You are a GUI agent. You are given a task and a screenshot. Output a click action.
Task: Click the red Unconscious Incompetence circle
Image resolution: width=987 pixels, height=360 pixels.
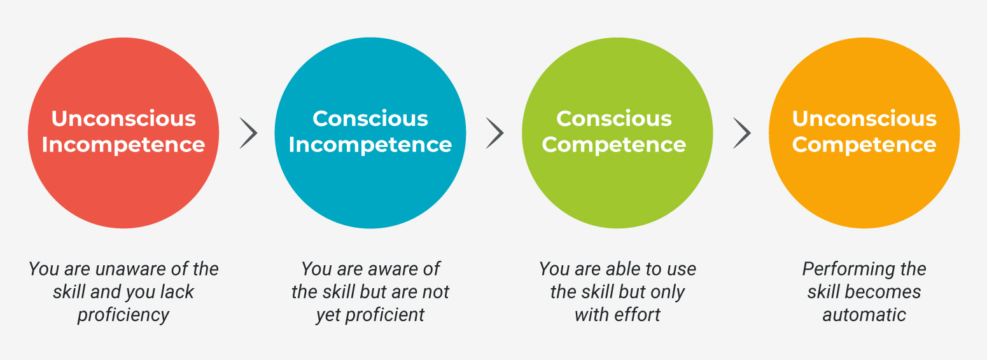123,133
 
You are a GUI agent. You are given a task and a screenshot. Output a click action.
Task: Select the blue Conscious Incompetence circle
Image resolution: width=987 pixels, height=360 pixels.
370,133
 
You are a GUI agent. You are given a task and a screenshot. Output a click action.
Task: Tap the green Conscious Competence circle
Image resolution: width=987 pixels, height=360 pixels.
617,133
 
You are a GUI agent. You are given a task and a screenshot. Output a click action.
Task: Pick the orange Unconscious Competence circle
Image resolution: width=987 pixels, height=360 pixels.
864,133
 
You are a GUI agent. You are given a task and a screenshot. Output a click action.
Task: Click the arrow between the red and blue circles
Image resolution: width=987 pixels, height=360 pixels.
249,133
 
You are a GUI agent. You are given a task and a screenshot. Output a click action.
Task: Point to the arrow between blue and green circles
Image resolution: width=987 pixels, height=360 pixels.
495,133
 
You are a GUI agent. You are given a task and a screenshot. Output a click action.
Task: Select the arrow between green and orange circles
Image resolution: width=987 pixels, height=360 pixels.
742,133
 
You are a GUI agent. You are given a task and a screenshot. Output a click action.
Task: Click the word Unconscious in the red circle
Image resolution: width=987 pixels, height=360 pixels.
123,118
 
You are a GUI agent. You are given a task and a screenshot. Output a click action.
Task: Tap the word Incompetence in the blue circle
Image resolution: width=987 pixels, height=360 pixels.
370,144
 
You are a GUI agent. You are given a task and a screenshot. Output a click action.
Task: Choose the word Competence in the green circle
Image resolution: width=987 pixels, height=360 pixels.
614,144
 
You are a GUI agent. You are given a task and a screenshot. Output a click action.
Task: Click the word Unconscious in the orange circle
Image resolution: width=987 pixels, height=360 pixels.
864,118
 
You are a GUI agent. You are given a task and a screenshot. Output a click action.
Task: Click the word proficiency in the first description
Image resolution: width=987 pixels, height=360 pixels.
123,315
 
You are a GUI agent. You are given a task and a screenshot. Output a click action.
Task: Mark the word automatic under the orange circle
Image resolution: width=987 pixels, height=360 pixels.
864,315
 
